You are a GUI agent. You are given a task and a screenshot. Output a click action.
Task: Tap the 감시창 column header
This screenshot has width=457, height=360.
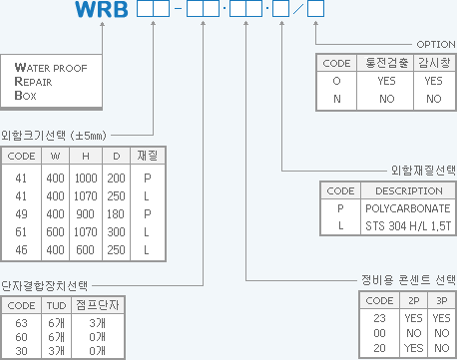(x=434, y=63)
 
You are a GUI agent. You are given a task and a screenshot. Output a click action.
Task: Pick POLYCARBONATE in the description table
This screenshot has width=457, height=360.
(x=407, y=207)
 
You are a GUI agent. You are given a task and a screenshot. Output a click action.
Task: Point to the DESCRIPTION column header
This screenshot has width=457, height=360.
(x=403, y=190)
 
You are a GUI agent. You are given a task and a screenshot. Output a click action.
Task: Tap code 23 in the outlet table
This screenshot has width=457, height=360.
(x=379, y=316)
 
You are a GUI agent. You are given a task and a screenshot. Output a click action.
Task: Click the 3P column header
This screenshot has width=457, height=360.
(x=441, y=299)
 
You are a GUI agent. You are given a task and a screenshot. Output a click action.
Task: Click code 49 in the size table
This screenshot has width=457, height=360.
(x=21, y=212)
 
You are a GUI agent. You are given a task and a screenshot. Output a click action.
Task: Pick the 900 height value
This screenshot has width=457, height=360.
(x=88, y=212)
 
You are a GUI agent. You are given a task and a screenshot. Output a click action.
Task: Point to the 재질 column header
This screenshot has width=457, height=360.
(x=148, y=156)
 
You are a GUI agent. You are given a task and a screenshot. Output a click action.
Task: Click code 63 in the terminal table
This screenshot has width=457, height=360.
(x=21, y=322)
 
